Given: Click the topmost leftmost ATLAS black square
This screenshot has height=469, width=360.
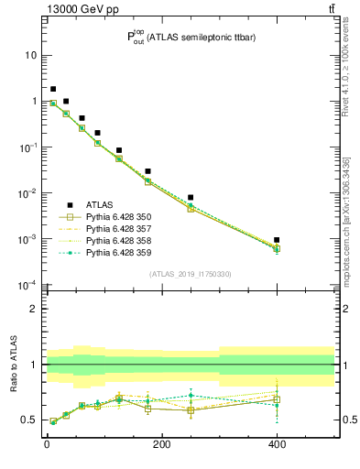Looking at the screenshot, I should [x=53, y=89].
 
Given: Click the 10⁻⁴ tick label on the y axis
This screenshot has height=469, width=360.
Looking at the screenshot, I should [x=28, y=285].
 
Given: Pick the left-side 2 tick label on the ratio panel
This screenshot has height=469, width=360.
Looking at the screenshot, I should [x=35, y=309].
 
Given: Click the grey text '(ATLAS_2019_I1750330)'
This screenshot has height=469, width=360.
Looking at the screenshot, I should [x=191, y=274].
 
